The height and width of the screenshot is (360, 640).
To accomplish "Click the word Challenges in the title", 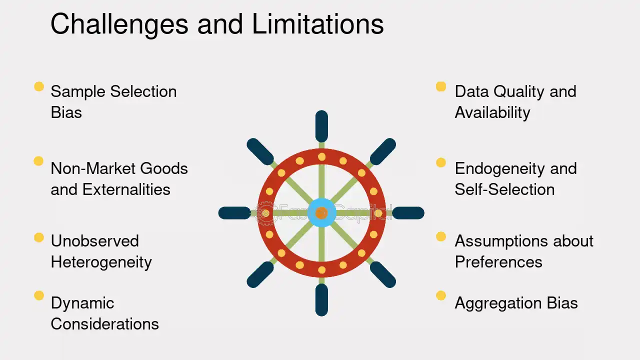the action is click(119, 25).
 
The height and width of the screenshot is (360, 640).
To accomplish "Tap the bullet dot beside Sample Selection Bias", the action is click(39, 86).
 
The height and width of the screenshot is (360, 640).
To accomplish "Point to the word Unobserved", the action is click(95, 241).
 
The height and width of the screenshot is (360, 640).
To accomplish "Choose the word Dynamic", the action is click(82, 303).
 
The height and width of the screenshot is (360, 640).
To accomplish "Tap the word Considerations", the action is click(104, 324).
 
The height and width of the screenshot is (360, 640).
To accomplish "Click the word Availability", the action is click(492, 113).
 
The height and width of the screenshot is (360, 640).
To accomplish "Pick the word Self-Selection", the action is click(504, 189).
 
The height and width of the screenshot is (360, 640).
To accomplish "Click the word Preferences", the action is click(498, 262).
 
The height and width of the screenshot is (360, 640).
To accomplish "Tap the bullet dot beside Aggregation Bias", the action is click(441, 295).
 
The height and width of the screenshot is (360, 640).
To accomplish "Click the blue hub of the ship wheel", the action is click(321, 213).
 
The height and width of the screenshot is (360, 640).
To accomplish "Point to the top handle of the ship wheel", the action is click(321, 126).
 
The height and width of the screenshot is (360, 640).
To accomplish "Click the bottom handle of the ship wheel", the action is click(321, 299).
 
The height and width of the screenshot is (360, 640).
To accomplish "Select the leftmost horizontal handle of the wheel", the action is click(234, 213).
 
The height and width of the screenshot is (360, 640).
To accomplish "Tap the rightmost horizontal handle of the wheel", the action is click(408, 213).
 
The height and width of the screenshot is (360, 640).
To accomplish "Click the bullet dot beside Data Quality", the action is click(441, 86).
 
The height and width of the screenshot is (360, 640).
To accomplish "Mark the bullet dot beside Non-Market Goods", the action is click(38, 161).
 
